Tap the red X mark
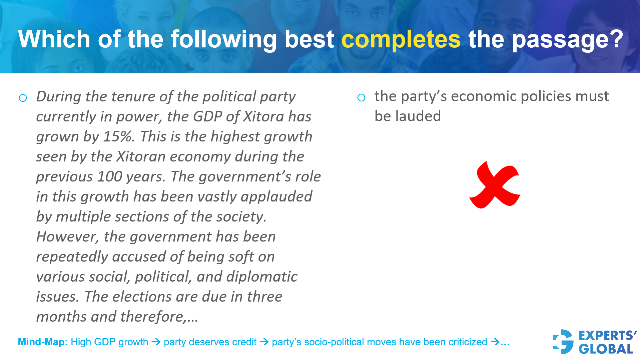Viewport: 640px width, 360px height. [x=495, y=186]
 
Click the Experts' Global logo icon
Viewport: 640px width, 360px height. [x=563, y=342]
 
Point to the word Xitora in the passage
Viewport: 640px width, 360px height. [x=264, y=116]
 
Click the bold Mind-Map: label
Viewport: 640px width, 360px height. [x=43, y=342]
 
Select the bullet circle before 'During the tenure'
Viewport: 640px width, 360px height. [x=23, y=98]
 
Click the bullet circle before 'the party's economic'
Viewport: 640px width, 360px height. [x=361, y=98]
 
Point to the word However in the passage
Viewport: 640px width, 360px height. [x=68, y=237]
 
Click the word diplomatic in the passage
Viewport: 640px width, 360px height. [x=262, y=277]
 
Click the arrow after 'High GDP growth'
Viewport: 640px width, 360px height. [x=156, y=342]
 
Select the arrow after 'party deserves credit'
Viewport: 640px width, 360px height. [x=264, y=342]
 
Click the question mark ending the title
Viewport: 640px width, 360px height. [x=616, y=39]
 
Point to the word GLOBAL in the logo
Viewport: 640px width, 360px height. [x=606, y=349]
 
